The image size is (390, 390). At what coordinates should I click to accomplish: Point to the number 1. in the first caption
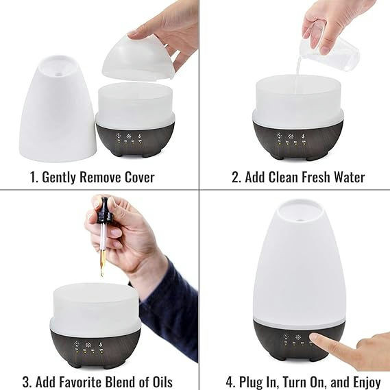pos(34,177)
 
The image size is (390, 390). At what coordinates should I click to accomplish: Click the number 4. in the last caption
pos(232,381)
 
